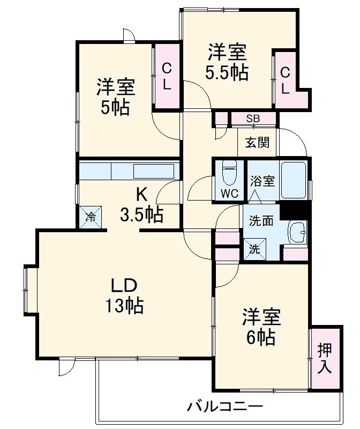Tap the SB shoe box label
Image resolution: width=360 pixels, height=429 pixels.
(253, 119)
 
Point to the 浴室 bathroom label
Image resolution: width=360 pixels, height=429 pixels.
(262, 181)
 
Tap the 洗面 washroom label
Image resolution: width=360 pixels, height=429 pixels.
(261, 220)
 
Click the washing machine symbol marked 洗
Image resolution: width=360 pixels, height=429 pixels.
(255, 249)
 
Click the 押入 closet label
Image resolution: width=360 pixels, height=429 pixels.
(325, 358)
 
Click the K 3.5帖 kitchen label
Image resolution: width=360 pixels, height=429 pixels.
(141, 206)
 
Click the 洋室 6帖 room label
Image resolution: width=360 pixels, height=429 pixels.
(261, 327)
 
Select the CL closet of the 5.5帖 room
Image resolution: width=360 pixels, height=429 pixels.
(285, 79)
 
